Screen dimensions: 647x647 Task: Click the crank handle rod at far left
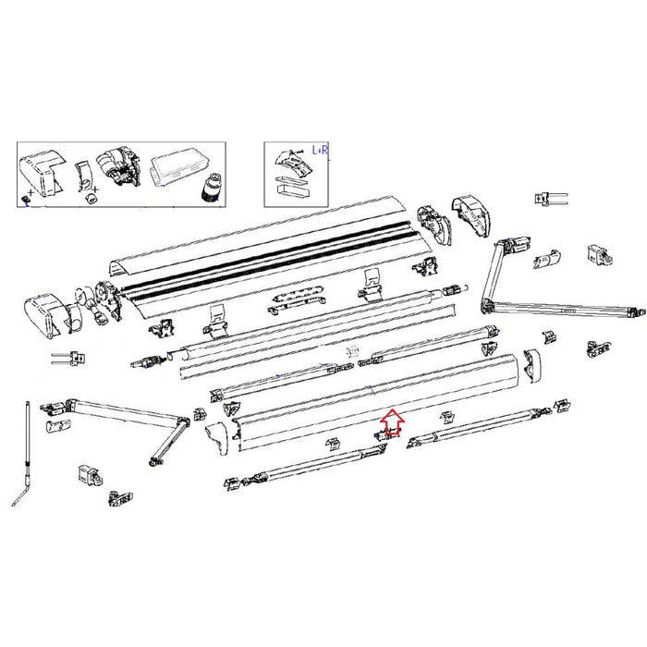pos(30,444)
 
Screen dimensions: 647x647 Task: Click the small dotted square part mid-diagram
pos(350,352)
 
